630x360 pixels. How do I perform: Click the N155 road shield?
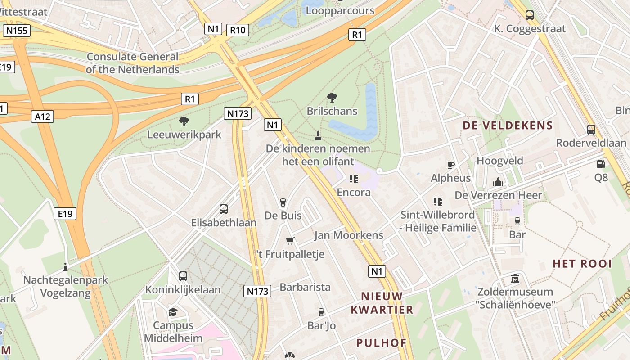pyautogui.click(x=17, y=31)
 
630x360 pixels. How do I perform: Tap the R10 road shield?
pyautogui.click(x=238, y=30)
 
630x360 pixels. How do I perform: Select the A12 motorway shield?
pyautogui.click(x=43, y=117)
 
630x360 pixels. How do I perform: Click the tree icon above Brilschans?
pyautogui.click(x=332, y=97)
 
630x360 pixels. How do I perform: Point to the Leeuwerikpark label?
pyautogui.click(x=184, y=135)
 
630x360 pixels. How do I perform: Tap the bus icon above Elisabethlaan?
pyautogui.click(x=224, y=209)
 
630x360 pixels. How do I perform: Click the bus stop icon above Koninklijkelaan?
pyautogui.click(x=183, y=276)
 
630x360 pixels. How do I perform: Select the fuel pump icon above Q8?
pyautogui.click(x=601, y=165)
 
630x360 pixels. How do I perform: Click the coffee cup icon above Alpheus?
pyautogui.click(x=451, y=165)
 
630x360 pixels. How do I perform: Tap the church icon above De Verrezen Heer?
pyautogui.click(x=498, y=182)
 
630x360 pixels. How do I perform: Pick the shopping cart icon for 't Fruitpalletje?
pyautogui.click(x=290, y=241)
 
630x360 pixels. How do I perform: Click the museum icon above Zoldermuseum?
pyautogui.click(x=515, y=279)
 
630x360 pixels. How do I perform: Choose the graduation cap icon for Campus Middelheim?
pyautogui.click(x=173, y=312)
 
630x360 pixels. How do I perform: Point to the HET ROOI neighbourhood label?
pyautogui.click(x=582, y=264)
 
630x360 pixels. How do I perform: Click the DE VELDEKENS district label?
pyautogui.click(x=508, y=126)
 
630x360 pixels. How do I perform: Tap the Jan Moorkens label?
pyautogui.click(x=349, y=235)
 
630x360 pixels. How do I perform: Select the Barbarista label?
pyautogui.click(x=305, y=287)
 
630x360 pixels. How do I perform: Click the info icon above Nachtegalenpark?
pyautogui.click(x=65, y=267)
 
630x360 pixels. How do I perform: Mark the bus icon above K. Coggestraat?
pyautogui.click(x=530, y=15)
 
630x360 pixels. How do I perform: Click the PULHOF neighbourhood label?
pyautogui.click(x=382, y=343)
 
